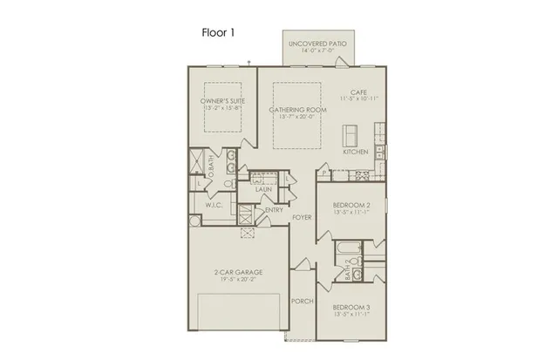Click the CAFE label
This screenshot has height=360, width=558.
pyautogui.click(x=357, y=92)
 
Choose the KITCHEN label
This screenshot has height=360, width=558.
pyautogui.click(x=355, y=152)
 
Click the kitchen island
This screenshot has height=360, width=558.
pyautogui.click(x=350, y=135)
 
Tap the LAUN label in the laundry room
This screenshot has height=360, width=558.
pyautogui.click(x=262, y=189)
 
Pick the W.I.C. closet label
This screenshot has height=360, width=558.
pyautogui.click(x=216, y=206)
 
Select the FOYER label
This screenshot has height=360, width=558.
pyautogui.click(x=302, y=217)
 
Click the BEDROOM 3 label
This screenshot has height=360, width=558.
pyautogui.click(x=354, y=307)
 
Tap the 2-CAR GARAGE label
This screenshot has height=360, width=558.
pyautogui.click(x=238, y=272)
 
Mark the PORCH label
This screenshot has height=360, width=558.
pyautogui.click(x=302, y=302)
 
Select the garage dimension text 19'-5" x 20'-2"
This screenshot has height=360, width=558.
pyautogui.click(x=238, y=280)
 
